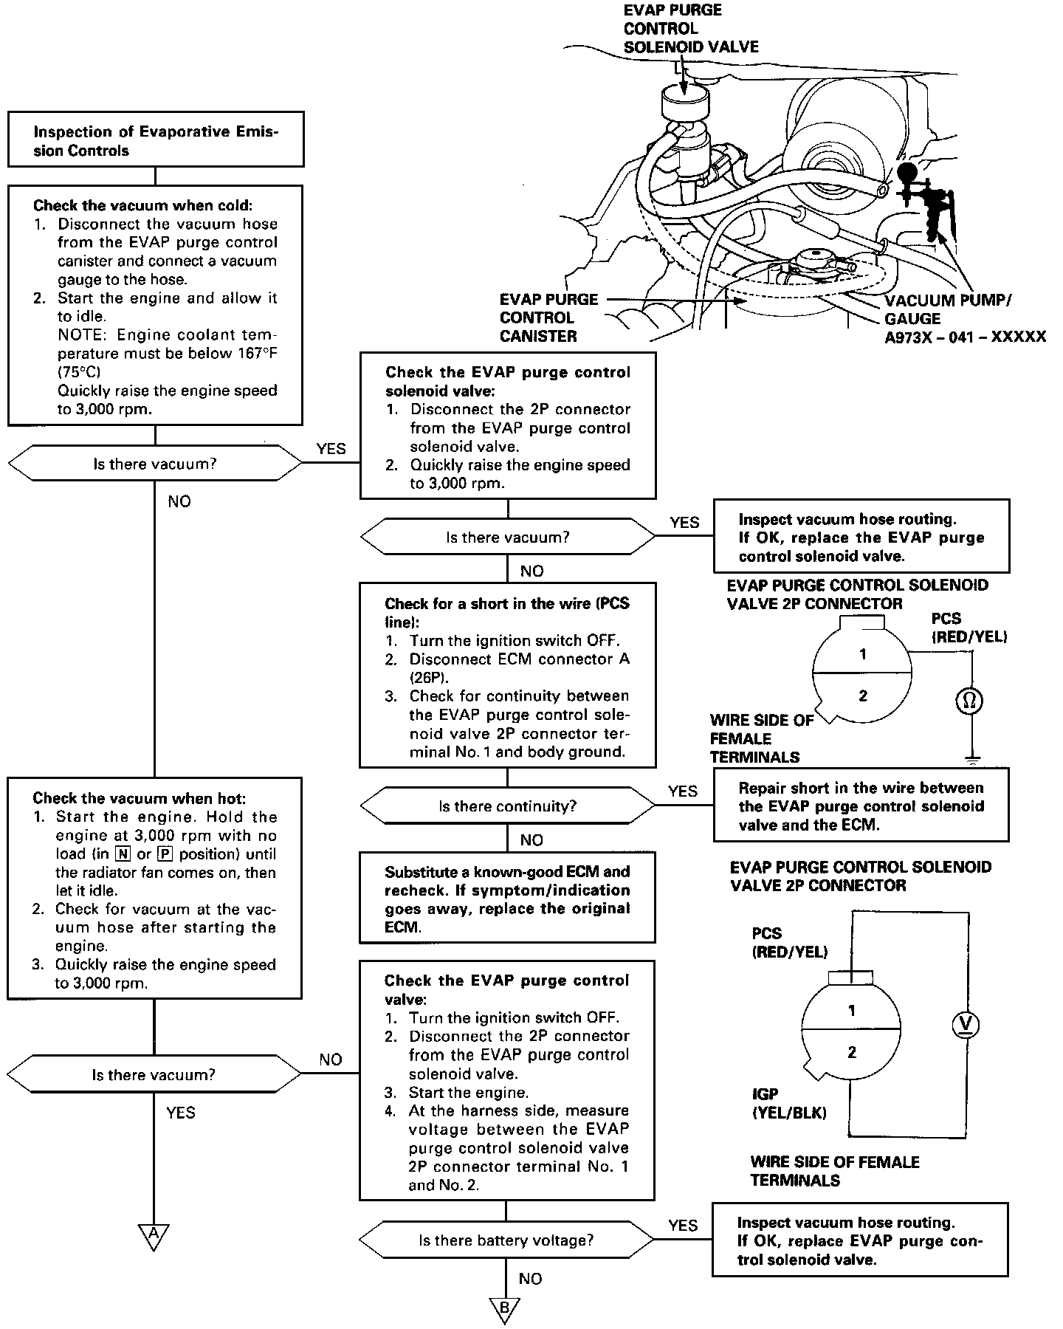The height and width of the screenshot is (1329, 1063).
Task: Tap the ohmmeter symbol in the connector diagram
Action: [969, 700]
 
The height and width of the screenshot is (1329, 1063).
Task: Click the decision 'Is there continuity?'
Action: [507, 806]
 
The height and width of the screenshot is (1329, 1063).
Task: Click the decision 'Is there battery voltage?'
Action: [506, 1240]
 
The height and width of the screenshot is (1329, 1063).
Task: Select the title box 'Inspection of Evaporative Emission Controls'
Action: [155, 140]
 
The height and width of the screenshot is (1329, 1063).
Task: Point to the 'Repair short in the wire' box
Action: [861, 806]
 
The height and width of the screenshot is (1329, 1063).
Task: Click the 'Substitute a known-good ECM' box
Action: [507, 899]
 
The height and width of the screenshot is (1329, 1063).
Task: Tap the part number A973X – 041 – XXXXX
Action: [965, 337]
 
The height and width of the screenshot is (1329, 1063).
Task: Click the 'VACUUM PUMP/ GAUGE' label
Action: [948, 309]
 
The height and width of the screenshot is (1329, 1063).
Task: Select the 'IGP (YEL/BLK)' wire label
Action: [788, 1103]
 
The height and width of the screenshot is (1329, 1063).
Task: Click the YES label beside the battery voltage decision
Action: [683, 1225]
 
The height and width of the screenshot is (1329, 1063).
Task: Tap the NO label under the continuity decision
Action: [531, 839]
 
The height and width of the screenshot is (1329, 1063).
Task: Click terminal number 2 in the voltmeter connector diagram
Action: [852, 1052]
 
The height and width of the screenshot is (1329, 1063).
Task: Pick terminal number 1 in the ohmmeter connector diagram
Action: [863, 654]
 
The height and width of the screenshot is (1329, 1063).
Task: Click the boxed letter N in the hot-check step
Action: [122, 854]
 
